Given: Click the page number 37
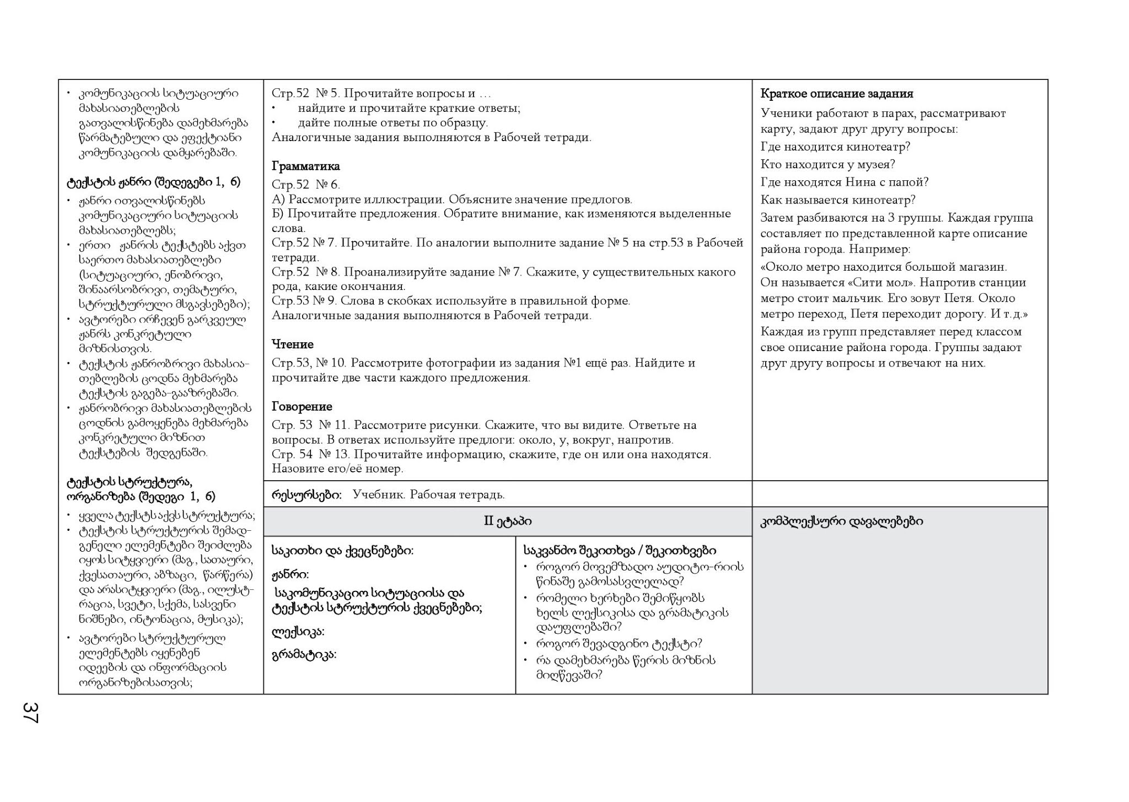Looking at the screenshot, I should point(30,712).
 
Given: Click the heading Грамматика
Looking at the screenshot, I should point(305,166).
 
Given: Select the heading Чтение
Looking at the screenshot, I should point(292,345).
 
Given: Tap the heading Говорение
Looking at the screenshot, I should point(302,407).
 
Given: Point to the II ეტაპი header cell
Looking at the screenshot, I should point(507,521).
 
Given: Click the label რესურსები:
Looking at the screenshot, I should point(306,494).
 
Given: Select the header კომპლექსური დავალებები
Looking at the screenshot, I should point(842,521).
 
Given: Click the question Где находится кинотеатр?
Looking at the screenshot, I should point(835,147).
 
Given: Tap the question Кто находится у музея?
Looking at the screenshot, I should point(827,164).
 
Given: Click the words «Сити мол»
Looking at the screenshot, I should point(874,283).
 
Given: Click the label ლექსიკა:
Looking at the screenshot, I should point(298,631).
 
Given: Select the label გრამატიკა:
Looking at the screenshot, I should point(304,654).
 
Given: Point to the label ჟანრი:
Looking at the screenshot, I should point(290,574).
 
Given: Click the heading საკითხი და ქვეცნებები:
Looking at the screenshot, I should point(342,550).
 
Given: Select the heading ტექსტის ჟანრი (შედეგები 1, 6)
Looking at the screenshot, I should point(153,182).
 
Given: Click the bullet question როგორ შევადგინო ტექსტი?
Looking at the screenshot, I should point(619,643).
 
